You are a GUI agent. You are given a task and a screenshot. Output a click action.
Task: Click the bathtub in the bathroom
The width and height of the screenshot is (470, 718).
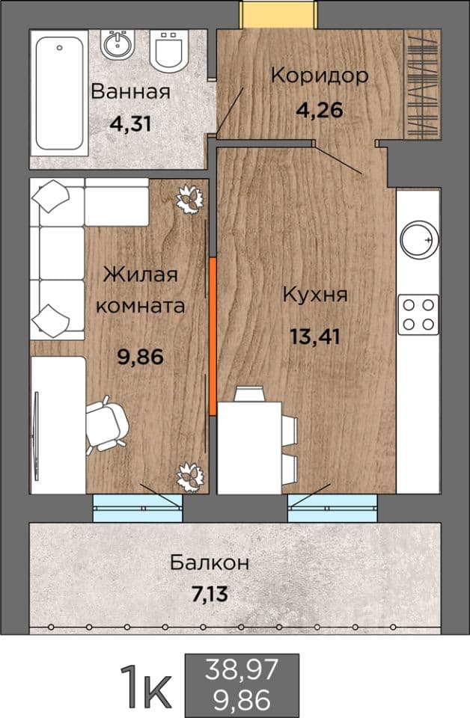point(60,94)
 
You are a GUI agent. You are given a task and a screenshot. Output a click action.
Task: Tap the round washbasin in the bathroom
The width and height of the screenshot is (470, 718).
point(117,44)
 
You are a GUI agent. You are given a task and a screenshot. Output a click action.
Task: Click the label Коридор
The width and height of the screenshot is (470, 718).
point(320,76)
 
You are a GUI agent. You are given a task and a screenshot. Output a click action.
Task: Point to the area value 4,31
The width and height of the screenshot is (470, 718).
point(130,123)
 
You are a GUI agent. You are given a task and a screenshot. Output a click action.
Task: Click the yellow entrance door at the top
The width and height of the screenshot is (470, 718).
point(279,14)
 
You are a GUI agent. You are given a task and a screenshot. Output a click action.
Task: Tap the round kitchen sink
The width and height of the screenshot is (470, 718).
point(419,240)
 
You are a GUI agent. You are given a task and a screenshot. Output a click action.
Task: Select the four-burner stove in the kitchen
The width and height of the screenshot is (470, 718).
point(418,315)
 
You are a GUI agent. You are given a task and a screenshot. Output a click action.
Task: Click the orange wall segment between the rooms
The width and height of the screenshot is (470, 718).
point(213,336)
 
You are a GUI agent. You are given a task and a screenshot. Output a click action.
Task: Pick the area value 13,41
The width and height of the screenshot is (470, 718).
point(315,337)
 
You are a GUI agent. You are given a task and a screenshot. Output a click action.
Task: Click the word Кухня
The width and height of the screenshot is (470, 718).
point(315,295)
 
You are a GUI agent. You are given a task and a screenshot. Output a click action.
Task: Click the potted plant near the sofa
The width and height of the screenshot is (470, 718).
point(189,199)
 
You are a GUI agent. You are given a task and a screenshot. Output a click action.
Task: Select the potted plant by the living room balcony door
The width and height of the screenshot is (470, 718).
point(191,477)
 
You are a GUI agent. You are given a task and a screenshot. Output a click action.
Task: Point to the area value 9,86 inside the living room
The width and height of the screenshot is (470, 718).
point(141,357)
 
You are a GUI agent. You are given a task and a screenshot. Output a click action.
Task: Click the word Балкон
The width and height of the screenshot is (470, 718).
point(210,562)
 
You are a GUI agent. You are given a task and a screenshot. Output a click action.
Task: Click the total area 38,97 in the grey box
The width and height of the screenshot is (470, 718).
point(242,669)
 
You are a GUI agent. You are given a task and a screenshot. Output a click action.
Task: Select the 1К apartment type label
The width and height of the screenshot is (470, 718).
point(146,686)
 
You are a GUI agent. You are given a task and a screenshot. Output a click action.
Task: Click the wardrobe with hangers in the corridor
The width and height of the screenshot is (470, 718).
point(422,84)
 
